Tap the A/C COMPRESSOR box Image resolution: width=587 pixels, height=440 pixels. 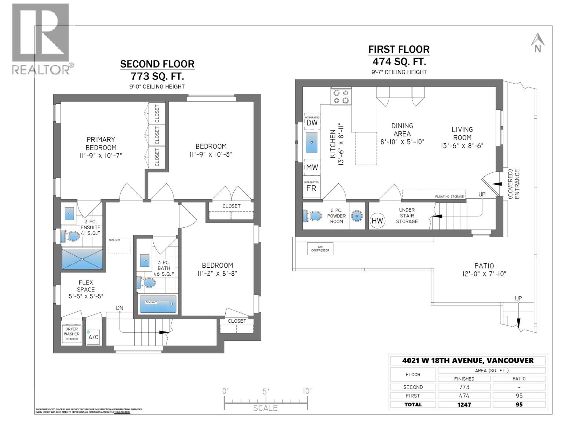(320, 249)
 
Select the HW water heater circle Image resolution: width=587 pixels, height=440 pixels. (377, 220)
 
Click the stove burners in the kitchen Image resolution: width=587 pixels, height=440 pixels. (341, 96)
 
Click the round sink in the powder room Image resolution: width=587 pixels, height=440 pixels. (357, 216)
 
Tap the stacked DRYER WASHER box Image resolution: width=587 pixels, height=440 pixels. (72, 334)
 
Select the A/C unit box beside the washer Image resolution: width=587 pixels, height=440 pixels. (93, 336)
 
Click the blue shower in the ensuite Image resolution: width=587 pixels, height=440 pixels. (82, 259)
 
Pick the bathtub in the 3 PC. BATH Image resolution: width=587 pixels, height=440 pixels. (158, 304)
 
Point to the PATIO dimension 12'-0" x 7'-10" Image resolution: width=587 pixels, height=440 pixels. (484, 274)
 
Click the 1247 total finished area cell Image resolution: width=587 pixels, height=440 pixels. (464, 404)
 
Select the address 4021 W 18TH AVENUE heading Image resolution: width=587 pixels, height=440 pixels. (468, 360)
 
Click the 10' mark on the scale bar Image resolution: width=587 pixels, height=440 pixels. (307, 391)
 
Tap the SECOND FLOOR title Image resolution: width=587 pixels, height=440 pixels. (157, 64)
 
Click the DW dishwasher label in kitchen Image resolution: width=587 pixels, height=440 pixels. (312, 123)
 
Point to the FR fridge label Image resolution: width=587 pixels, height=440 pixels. (311, 188)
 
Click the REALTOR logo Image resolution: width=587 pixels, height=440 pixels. (40, 38)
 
